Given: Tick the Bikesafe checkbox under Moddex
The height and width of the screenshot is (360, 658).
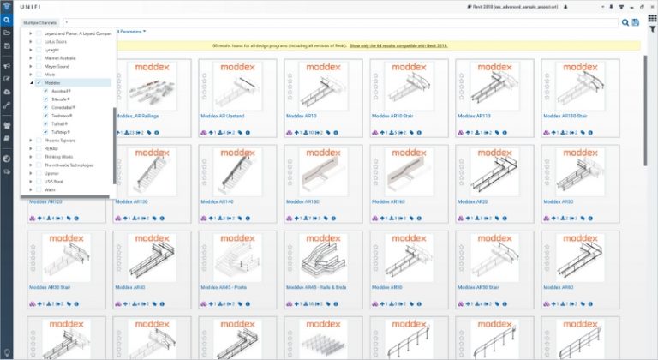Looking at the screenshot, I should coord(45,99).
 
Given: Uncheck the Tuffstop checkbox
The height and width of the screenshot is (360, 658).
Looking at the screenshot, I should coord(45,131).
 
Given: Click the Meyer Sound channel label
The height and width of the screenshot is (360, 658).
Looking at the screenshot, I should coord(57,67).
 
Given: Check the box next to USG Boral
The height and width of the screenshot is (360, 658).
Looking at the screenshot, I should coord(39,181).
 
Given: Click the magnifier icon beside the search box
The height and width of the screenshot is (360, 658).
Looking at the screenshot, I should coord(625,23).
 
